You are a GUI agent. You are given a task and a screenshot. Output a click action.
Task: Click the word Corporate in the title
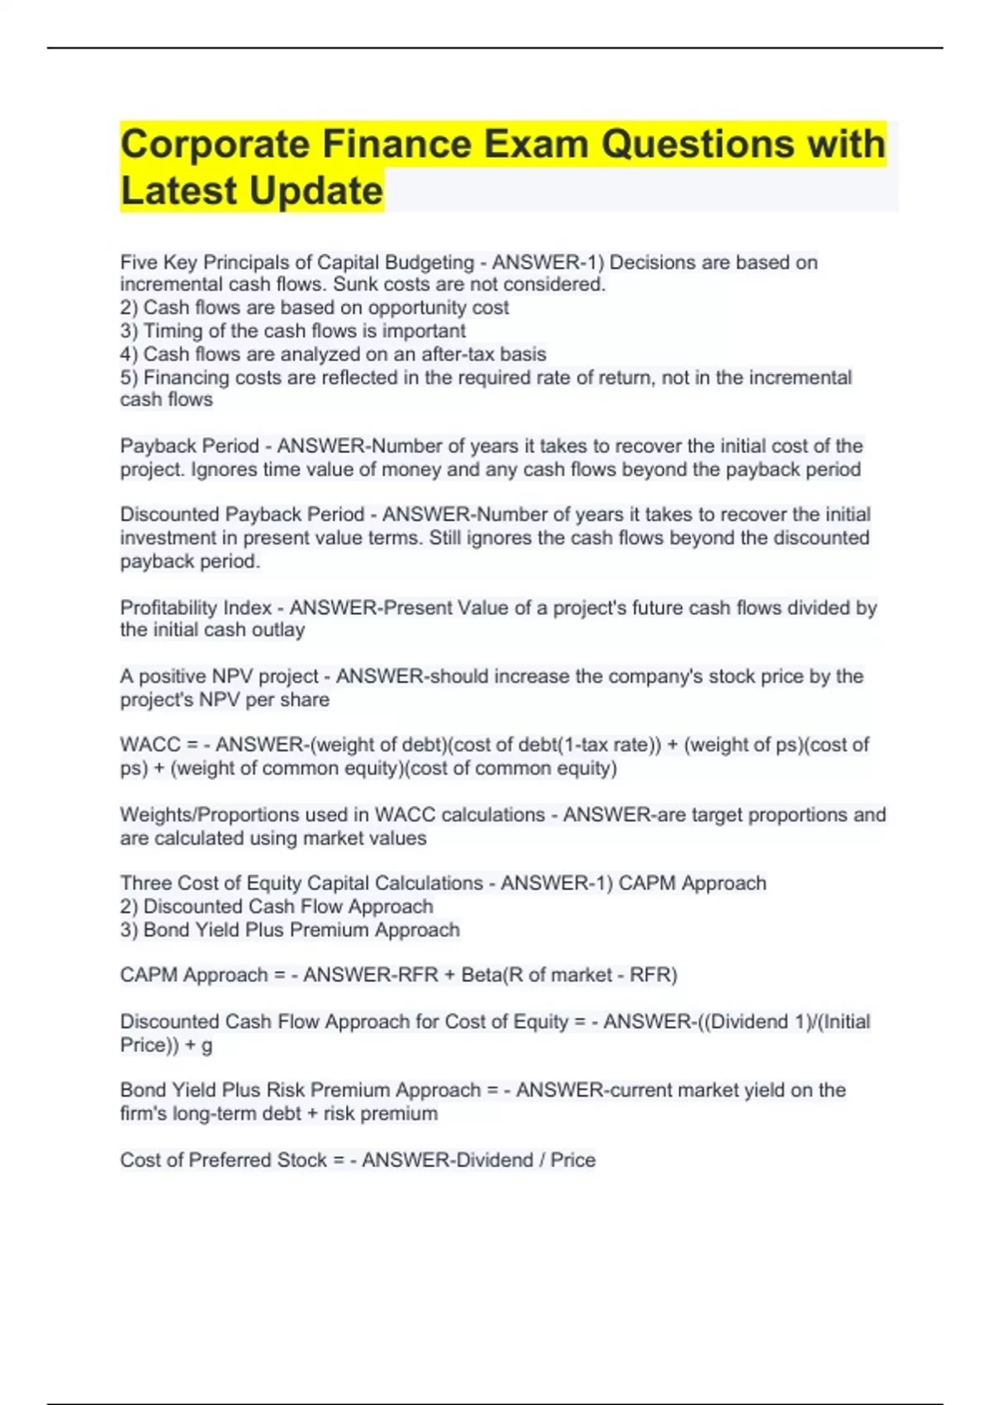tap(214, 144)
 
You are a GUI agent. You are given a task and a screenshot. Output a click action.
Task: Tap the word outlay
tap(278, 630)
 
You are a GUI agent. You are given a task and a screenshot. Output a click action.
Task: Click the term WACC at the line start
tap(150, 745)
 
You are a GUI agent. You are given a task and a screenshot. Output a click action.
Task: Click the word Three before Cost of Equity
tap(145, 883)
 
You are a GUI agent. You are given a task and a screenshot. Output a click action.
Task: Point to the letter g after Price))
tap(206, 1045)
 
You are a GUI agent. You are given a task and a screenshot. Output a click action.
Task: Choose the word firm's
tap(143, 1113)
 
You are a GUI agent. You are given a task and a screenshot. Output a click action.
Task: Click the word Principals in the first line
tap(245, 262)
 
